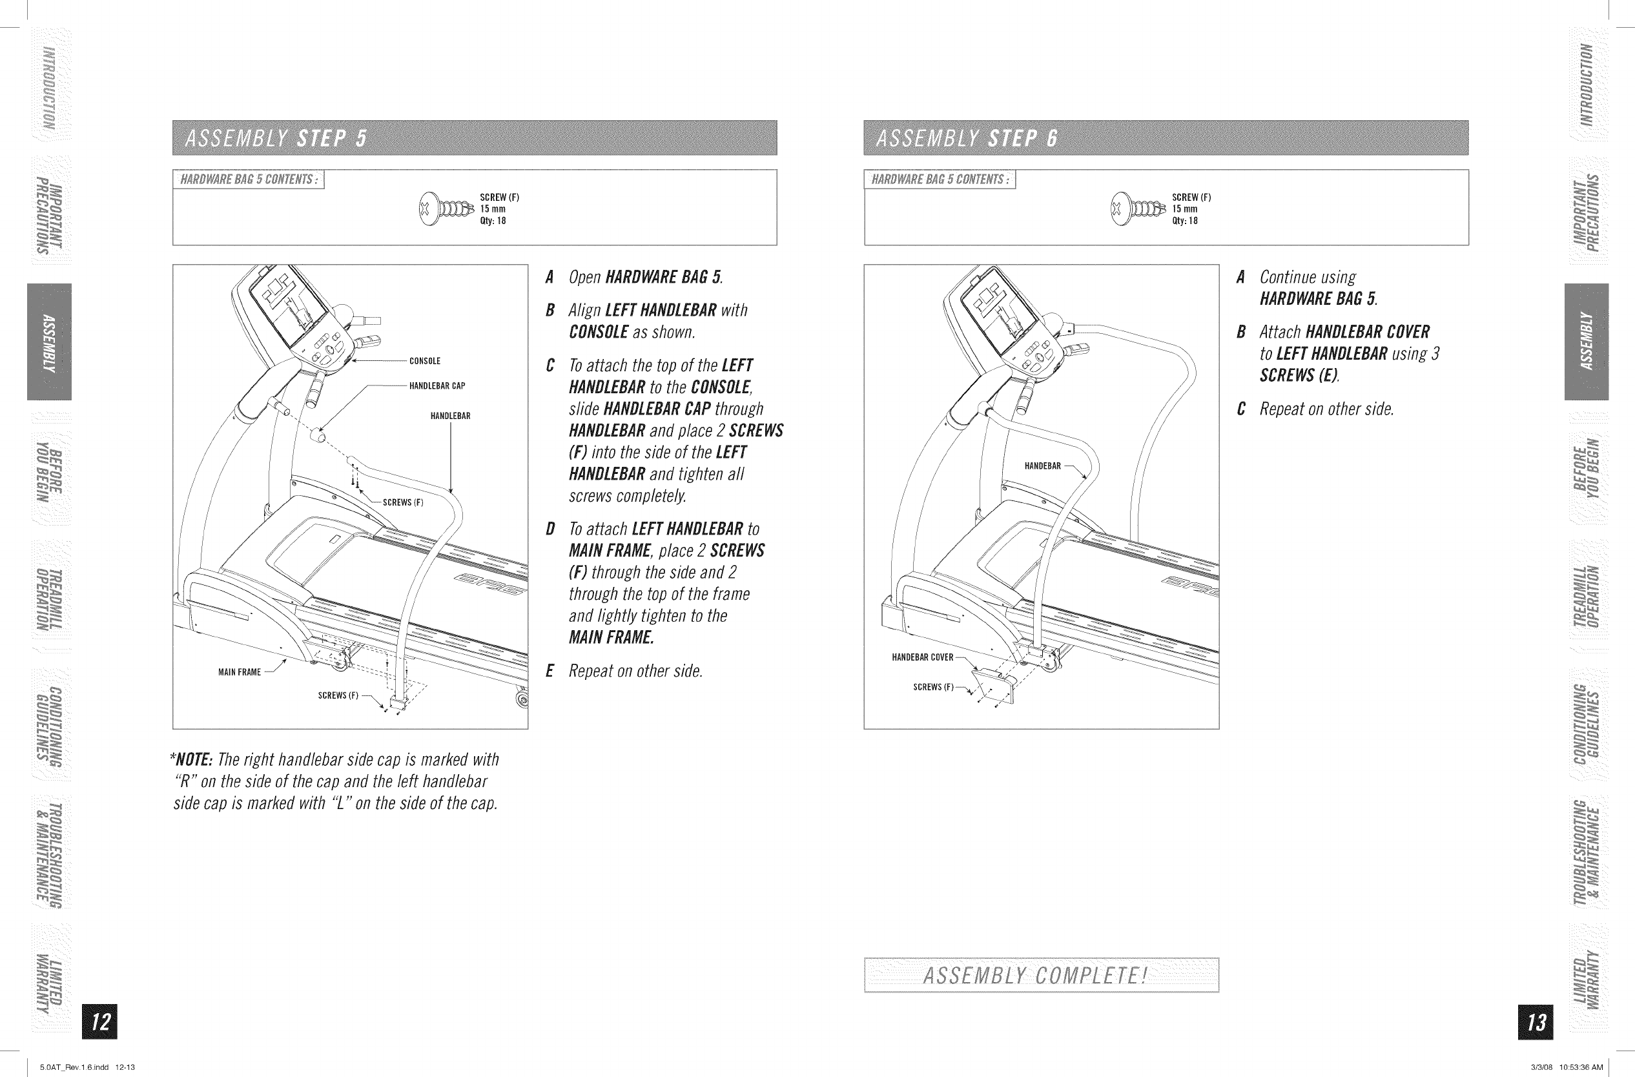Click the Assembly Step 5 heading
276,139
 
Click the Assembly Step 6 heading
967,139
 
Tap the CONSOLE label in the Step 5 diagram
424,362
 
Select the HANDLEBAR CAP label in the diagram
437,386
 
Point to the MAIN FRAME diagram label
239,672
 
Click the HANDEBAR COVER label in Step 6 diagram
922,657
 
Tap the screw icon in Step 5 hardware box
447,208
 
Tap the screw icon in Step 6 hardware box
1138,208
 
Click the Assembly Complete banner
1041,976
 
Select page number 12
99,1021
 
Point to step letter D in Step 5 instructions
550,529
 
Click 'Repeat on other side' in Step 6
1326,409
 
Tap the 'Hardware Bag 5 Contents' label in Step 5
248,180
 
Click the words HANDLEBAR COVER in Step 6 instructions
1367,333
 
